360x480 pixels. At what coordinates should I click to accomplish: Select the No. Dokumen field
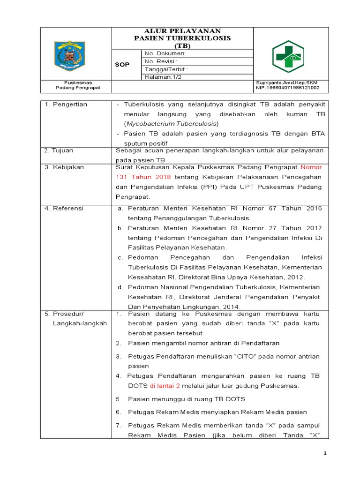pyautogui.click(x=165, y=53)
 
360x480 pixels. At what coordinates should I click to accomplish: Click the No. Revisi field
pyautogui.click(x=161, y=61)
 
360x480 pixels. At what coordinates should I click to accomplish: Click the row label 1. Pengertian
pyautogui.click(x=66, y=104)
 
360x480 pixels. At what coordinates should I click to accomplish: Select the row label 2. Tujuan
pyautogui.click(x=60, y=150)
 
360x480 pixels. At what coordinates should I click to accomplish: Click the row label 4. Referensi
pyautogui.click(x=64, y=208)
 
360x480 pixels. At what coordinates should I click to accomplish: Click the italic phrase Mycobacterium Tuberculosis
pyautogui.click(x=172, y=124)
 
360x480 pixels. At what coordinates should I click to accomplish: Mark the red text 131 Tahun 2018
pyautogui.click(x=143, y=177)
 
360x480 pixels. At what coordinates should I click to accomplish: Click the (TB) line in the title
pyautogui.click(x=182, y=45)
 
